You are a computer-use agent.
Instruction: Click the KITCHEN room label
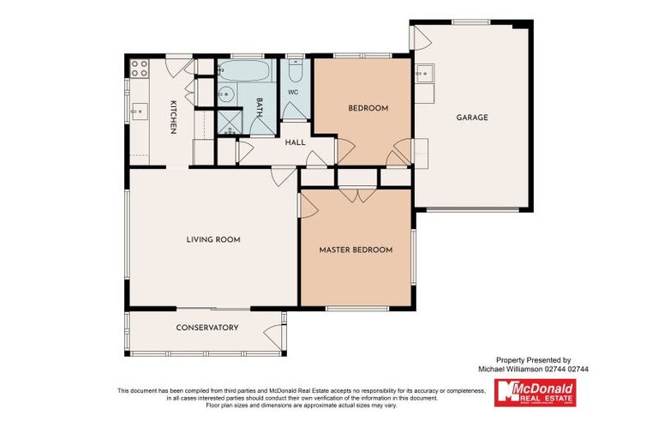[x=173, y=117]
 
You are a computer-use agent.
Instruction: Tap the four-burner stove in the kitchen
[x=139, y=68]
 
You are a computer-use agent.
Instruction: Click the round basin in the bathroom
[x=226, y=95]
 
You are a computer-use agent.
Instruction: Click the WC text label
[x=293, y=92]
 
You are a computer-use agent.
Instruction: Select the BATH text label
[x=259, y=108]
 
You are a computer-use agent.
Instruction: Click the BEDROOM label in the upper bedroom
[x=368, y=108]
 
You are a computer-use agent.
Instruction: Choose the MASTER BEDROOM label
[x=356, y=250]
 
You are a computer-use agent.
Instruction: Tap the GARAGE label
[x=471, y=117]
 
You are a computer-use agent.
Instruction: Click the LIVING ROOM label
[x=213, y=239]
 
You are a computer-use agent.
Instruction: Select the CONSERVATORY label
[x=206, y=328]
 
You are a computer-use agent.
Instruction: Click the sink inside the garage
[x=424, y=74]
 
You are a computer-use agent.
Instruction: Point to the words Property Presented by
[x=533, y=360]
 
